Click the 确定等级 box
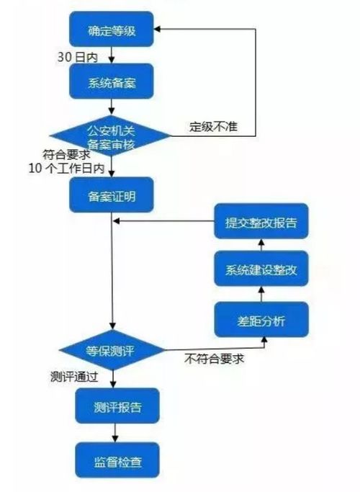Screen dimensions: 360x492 112,30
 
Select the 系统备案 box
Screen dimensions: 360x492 112,81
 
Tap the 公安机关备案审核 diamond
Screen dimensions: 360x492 111,136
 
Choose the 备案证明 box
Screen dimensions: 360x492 112,194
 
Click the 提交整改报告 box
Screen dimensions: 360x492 261,221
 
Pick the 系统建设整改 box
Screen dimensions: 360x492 261,269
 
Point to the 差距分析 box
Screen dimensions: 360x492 261,319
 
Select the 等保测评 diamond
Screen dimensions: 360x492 112,350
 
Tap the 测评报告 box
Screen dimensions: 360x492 117,406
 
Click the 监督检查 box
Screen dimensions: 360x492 117,460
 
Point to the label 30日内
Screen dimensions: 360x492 78,57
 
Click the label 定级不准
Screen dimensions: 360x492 214,127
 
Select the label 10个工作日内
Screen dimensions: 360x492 66,169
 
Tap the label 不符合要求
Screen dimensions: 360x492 214,359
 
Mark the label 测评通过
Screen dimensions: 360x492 74,377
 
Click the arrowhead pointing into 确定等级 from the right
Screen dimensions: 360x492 157,30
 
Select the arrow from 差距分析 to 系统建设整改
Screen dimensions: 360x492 261,294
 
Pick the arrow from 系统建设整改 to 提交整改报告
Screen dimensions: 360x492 261,245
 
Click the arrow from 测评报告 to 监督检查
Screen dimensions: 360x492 115,433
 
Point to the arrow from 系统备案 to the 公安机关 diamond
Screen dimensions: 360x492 112,107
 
